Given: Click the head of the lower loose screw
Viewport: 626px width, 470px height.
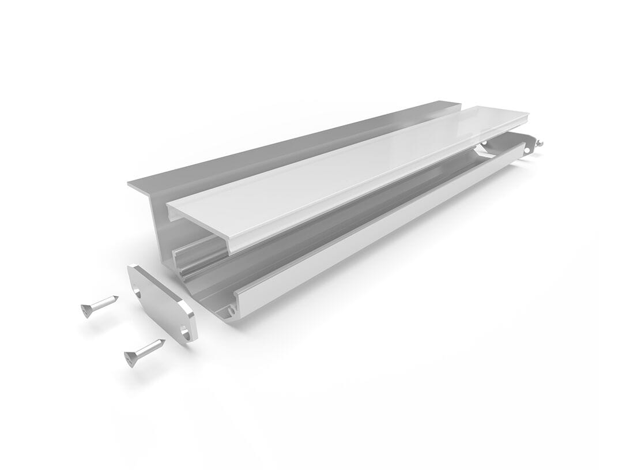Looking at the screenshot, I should click(131, 359).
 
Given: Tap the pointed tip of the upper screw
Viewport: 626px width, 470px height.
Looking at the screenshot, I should click(117, 298).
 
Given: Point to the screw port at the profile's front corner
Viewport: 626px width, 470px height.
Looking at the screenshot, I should click(231, 310).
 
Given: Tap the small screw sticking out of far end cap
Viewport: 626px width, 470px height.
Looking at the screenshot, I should click(539, 144).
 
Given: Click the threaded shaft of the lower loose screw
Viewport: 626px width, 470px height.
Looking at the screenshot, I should click(150, 348).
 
